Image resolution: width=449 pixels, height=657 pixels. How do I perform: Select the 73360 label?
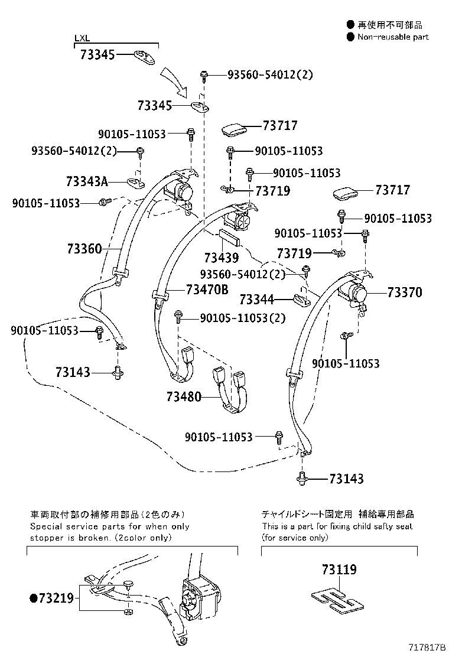click(84, 249)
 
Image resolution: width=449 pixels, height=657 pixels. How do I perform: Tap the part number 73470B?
click(207, 290)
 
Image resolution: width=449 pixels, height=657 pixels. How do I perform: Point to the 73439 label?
click(222, 258)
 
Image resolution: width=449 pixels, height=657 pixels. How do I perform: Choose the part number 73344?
click(257, 300)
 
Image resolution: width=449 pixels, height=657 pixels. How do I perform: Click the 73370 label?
click(405, 292)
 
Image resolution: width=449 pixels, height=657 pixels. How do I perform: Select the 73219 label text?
click(56, 599)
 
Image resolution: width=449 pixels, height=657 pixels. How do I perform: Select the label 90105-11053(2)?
click(242, 318)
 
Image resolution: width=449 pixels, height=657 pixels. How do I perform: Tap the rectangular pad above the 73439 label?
click(229, 238)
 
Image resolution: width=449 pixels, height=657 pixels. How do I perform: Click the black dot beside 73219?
click(34, 599)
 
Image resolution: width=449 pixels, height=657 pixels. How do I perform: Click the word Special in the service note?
click(45, 526)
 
